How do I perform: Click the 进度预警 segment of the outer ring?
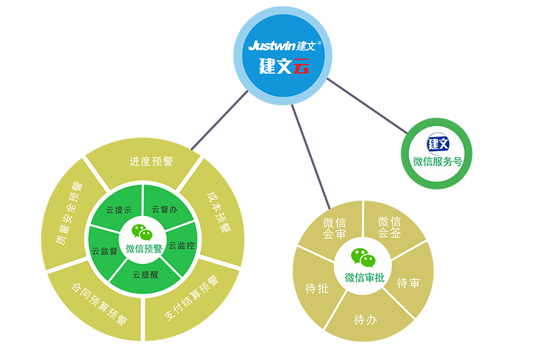(x=151, y=162)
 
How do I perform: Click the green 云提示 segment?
(x=119, y=210)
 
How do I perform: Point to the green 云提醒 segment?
(x=145, y=274)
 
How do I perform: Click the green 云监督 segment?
(x=105, y=251)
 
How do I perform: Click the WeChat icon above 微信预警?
(x=142, y=232)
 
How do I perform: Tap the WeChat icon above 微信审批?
(x=363, y=257)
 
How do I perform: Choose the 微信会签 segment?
(x=389, y=226)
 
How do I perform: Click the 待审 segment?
(x=408, y=283)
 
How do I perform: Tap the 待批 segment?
(x=316, y=288)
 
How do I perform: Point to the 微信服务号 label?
(x=437, y=162)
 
